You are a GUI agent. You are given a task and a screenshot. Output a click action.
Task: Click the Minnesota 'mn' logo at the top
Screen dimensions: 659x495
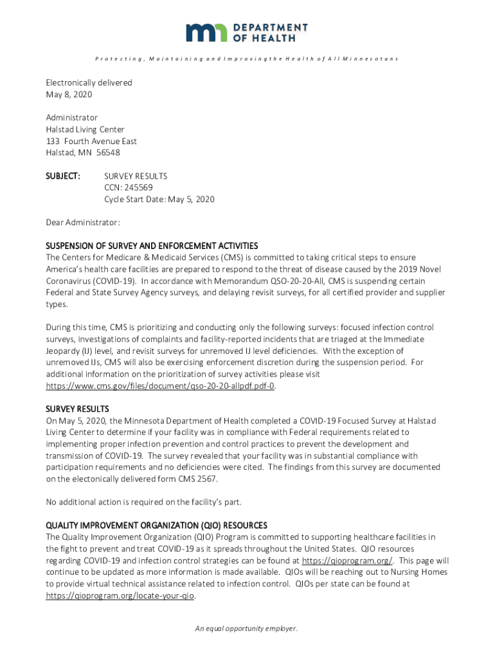(x=207, y=33)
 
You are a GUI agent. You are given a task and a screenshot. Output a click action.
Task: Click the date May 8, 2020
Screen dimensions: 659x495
(x=69, y=95)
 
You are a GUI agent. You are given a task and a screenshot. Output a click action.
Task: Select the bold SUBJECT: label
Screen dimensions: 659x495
(x=62, y=176)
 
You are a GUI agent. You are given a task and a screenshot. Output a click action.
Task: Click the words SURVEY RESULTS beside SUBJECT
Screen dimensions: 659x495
(x=136, y=176)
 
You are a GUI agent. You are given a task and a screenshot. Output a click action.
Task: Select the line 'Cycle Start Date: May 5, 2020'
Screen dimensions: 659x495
(x=159, y=199)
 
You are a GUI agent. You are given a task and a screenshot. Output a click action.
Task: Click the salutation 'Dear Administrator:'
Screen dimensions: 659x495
(x=82, y=223)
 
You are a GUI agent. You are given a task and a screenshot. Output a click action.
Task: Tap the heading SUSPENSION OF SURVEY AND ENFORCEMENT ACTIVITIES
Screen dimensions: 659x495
(x=152, y=246)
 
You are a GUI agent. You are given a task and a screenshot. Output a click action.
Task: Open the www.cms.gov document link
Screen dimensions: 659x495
(x=161, y=385)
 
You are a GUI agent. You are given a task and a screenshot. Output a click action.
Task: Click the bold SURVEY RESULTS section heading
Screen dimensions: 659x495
(x=77, y=409)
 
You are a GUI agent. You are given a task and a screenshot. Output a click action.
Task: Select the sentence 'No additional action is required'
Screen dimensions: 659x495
(x=143, y=502)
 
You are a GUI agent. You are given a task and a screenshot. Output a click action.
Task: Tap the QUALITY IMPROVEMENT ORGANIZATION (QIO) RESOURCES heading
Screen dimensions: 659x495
(x=156, y=525)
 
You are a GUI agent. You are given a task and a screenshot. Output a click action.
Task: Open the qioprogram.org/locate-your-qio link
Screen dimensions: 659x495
(x=120, y=595)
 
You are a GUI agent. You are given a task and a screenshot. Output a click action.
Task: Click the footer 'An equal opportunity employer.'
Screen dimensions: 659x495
(x=247, y=629)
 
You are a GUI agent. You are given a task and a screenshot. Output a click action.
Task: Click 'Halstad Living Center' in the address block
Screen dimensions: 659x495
(x=85, y=129)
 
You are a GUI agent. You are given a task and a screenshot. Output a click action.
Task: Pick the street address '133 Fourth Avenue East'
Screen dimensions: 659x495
(x=91, y=141)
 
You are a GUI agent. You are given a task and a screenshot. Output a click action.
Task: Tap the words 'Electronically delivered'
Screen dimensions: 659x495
(x=89, y=83)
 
